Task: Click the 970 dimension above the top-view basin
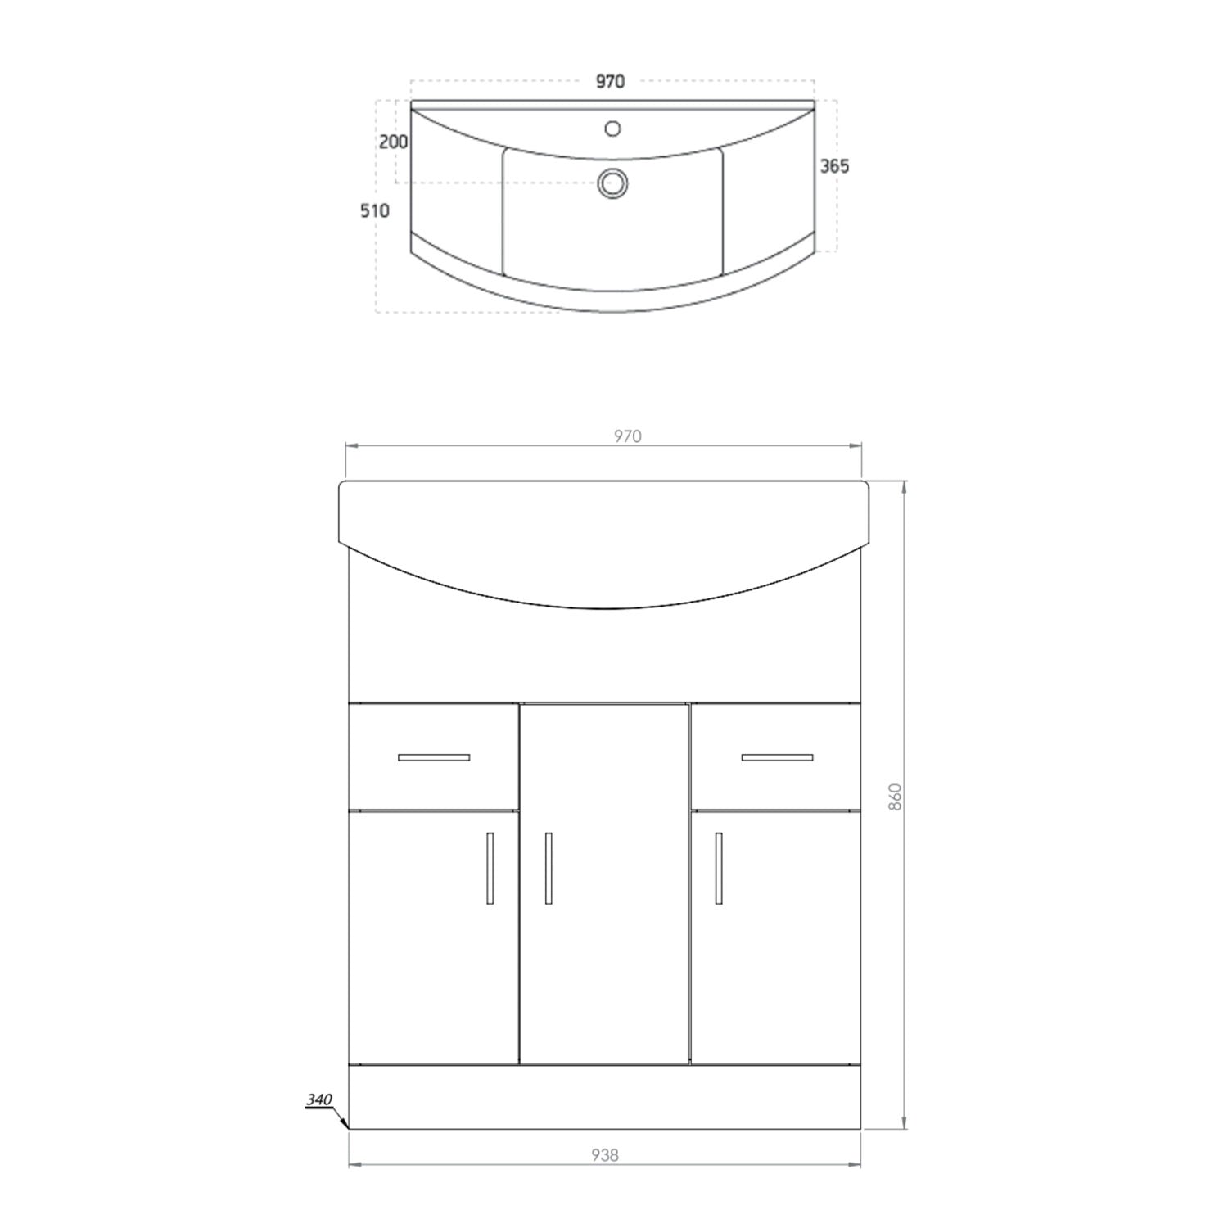click(x=611, y=81)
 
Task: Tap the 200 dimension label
click(x=394, y=142)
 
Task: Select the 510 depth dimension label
click(x=375, y=210)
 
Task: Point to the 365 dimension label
click(x=834, y=166)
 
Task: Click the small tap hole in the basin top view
click(x=612, y=129)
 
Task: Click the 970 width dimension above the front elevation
click(x=627, y=436)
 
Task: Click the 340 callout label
click(x=319, y=1099)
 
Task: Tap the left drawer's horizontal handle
click(x=434, y=757)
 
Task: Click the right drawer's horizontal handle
click(x=777, y=757)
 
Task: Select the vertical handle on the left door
click(x=490, y=869)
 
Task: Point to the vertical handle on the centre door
click(x=548, y=869)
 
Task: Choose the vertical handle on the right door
click(x=719, y=869)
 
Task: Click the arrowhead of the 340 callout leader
click(x=347, y=1126)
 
